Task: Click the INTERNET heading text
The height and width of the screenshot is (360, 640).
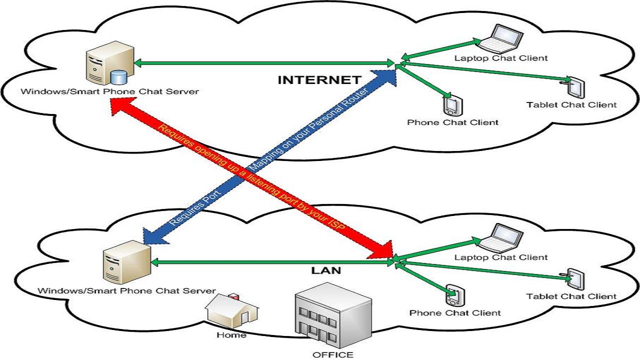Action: [x=319, y=80]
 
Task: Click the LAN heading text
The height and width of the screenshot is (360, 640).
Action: [x=326, y=271]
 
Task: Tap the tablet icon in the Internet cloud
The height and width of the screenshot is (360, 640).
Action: [x=576, y=87]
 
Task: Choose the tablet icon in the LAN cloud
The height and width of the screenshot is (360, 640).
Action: [x=576, y=280]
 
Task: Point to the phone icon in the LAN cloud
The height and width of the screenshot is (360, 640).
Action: [x=453, y=295]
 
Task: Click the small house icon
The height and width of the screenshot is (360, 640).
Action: [x=231, y=311]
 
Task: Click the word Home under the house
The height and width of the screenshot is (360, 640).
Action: [x=231, y=335]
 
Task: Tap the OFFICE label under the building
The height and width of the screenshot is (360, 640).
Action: [x=333, y=355]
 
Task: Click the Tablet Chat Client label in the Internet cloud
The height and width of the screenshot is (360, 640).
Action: [x=571, y=105]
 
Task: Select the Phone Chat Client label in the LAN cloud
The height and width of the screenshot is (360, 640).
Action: [x=455, y=313]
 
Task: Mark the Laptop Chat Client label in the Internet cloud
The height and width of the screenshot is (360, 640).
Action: [x=501, y=58]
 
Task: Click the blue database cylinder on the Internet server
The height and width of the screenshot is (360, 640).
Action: [x=118, y=77]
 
